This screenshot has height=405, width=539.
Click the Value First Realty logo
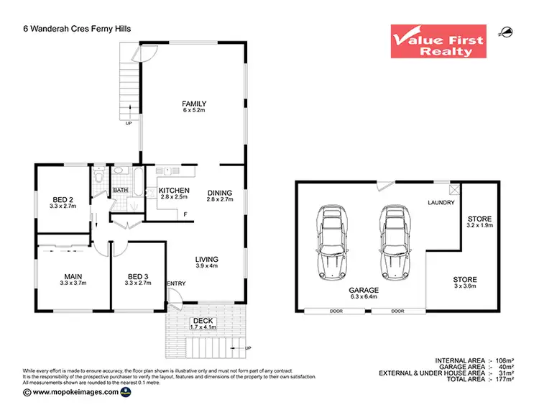(437, 42)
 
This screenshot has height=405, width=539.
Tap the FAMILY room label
(194, 104)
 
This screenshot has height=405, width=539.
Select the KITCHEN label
(174, 191)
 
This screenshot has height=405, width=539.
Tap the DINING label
(220, 193)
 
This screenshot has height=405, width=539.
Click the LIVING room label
(206, 260)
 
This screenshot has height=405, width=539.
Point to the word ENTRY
(176, 283)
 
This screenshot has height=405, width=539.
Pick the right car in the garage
(394, 242)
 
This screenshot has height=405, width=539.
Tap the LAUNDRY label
(441, 203)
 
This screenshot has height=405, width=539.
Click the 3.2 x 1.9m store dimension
(479, 226)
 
